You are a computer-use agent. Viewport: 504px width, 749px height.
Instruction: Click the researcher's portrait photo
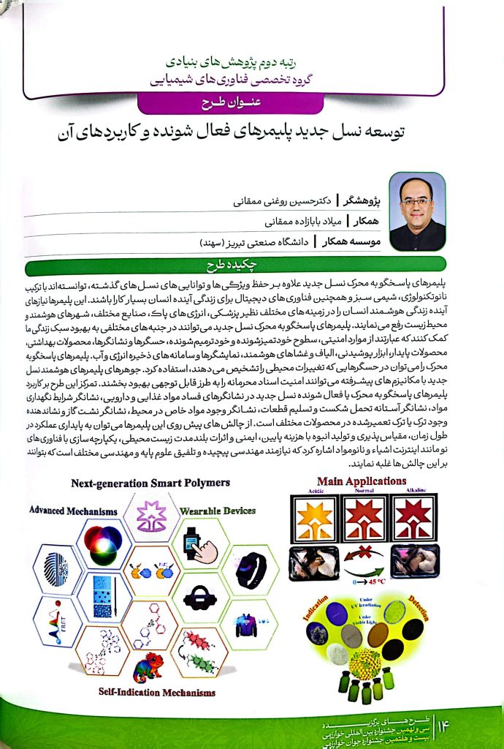417,211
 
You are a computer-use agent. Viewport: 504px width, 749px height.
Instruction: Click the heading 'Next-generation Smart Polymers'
161,483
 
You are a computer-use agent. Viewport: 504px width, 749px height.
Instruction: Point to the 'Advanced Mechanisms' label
73,509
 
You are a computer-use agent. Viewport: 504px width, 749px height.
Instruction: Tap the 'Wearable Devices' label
217,510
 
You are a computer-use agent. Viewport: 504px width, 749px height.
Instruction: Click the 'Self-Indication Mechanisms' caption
157,691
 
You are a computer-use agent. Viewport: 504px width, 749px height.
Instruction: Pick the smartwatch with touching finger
201,544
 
